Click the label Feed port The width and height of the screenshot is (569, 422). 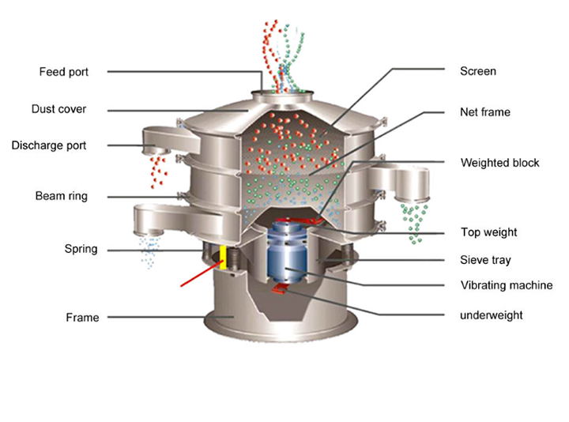64,72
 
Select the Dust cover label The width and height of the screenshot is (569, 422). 58,109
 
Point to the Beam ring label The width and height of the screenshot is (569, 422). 61,195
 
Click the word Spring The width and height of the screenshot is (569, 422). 81,249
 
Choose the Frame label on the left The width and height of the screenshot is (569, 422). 82,318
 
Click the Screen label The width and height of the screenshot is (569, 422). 478,71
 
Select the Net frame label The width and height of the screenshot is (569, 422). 485,112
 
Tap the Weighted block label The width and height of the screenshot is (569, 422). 499,163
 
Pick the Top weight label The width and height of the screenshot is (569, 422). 488,232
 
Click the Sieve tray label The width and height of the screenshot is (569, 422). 485,259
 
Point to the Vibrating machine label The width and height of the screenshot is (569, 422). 506,285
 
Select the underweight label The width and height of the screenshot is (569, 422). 491,315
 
